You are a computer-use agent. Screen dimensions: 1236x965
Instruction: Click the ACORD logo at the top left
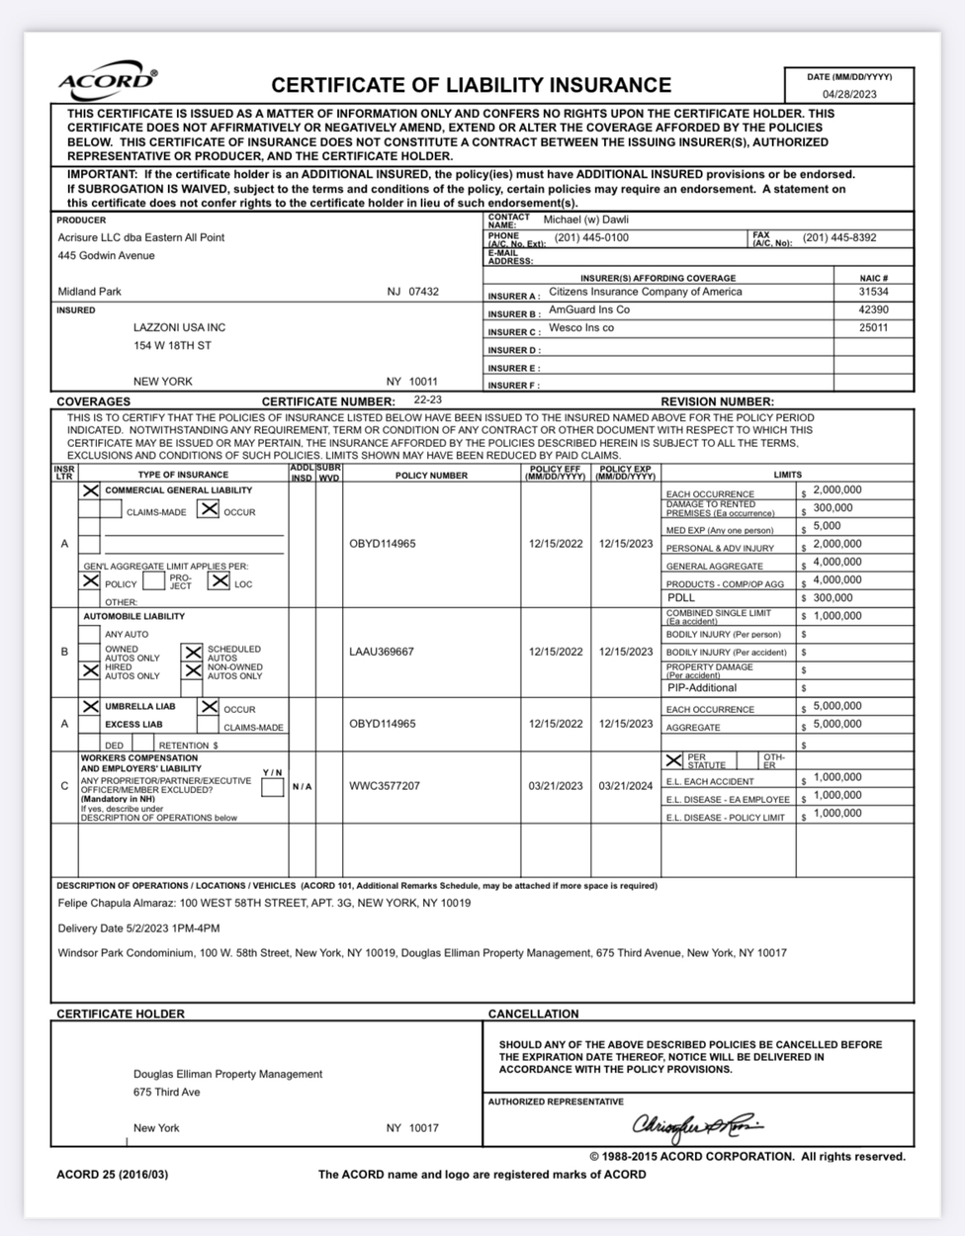(x=107, y=81)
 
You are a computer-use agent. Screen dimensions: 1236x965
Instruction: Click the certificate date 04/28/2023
(x=848, y=95)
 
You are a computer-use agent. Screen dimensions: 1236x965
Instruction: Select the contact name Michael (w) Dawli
(x=586, y=220)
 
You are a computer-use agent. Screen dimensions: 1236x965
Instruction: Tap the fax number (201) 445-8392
(x=839, y=238)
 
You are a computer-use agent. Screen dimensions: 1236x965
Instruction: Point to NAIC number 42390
(x=873, y=310)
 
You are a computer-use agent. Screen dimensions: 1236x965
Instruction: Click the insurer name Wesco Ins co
(x=581, y=328)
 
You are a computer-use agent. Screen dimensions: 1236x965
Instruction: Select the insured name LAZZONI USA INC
(x=179, y=327)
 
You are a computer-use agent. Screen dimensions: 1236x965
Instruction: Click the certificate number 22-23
(x=428, y=401)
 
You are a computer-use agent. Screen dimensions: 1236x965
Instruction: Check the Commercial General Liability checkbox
(x=90, y=490)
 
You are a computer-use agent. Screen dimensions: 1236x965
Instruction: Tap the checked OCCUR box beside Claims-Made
(x=208, y=509)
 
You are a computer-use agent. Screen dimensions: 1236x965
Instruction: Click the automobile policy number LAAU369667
(x=382, y=653)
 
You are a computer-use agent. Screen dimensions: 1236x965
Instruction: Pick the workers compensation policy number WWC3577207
(x=385, y=787)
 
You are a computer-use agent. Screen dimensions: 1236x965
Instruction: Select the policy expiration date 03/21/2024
(x=626, y=787)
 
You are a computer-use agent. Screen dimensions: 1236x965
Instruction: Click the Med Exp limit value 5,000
(x=827, y=527)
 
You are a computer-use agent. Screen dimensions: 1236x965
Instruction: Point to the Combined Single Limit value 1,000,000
(x=836, y=616)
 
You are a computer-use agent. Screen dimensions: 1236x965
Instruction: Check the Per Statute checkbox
(x=674, y=760)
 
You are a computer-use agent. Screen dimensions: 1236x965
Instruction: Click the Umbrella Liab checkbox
(x=90, y=707)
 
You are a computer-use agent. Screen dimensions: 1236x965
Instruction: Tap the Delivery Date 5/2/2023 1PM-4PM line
(x=139, y=928)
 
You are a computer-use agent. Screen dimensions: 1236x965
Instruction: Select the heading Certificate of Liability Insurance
(x=471, y=86)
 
